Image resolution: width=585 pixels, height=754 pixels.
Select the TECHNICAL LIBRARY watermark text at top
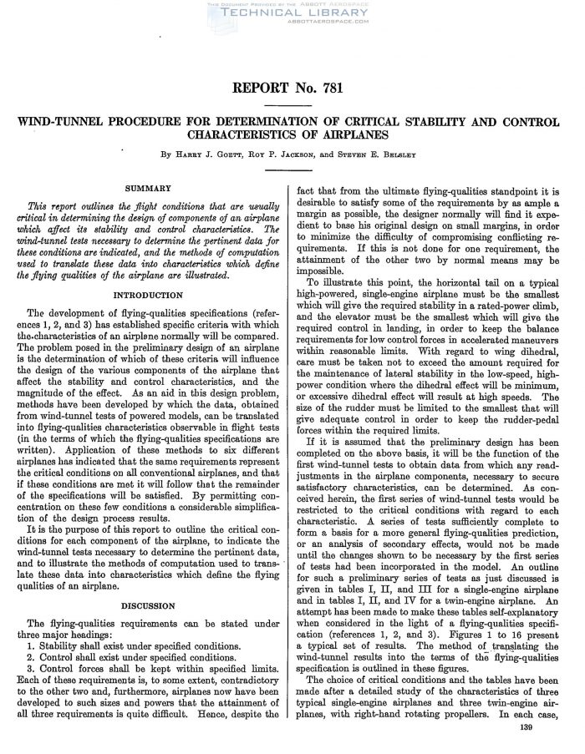click(x=292, y=14)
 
